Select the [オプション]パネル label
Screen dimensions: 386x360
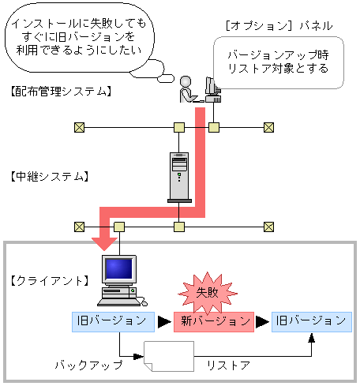pos(279,25)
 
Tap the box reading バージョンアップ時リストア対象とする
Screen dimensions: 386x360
pos(278,63)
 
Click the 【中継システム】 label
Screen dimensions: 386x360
pos(50,175)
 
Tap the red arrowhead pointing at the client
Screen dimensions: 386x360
pos(103,240)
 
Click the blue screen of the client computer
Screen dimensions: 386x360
pos(118,269)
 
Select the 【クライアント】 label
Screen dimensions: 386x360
pos(50,280)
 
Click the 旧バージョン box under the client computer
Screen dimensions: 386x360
pos(111,320)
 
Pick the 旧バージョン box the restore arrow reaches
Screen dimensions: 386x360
pos(309,320)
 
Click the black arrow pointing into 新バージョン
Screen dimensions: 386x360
pos(162,321)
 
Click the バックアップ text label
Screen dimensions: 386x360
pos(88,365)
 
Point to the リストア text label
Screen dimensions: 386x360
pos(228,365)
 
